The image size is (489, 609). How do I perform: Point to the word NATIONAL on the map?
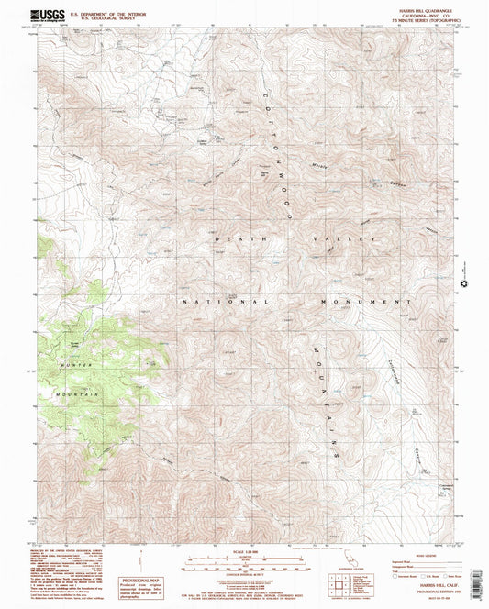pos(225,301)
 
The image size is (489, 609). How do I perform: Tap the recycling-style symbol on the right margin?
pos(470,283)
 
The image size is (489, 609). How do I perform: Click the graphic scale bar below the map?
pos(244,564)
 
